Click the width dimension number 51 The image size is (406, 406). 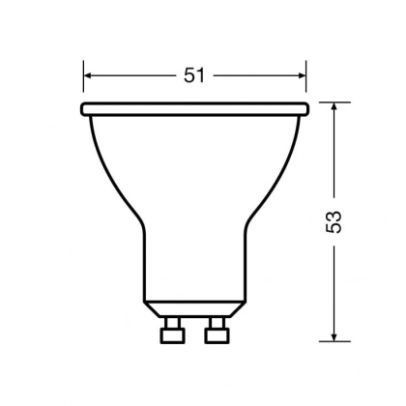195,75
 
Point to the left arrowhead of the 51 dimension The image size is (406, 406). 89,75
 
